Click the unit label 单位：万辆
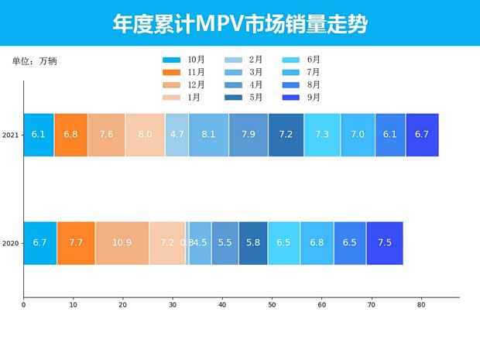pyautogui.click(x=35, y=60)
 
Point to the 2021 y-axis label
pyautogui.click(x=11, y=135)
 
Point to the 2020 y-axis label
pyautogui.click(x=11, y=243)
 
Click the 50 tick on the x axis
pyautogui.click(x=272, y=305)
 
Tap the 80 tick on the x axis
pyautogui.click(x=421, y=305)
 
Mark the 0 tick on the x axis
pyautogui.click(x=23, y=305)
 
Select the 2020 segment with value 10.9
pyautogui.click(x=122, y=243)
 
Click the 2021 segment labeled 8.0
pyautogui.click(x=145, y=135)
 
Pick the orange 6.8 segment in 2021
pyautogui.click(x=70, y=135)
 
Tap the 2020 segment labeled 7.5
pyautogui.click(x=384, y=243)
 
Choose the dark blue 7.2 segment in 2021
pyautogui.click(x=286, y=135)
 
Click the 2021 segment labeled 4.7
pyautogui.click(x=177, y=135)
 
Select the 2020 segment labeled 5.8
pyautogui.click(x=253, y=243)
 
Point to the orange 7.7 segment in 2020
pyautogui.click(x=76, y=243)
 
